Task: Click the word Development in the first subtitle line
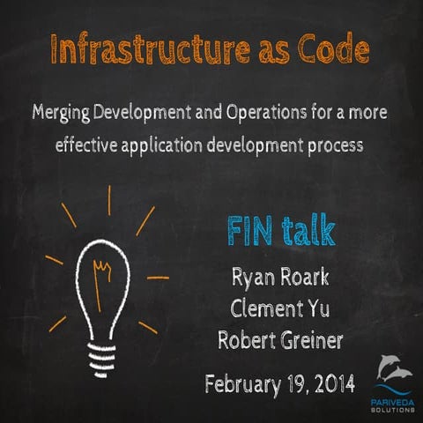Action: (161, 114)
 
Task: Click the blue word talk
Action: (307, 231)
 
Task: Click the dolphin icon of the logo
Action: (395, 367)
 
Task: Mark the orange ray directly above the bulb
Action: (109, 200)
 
